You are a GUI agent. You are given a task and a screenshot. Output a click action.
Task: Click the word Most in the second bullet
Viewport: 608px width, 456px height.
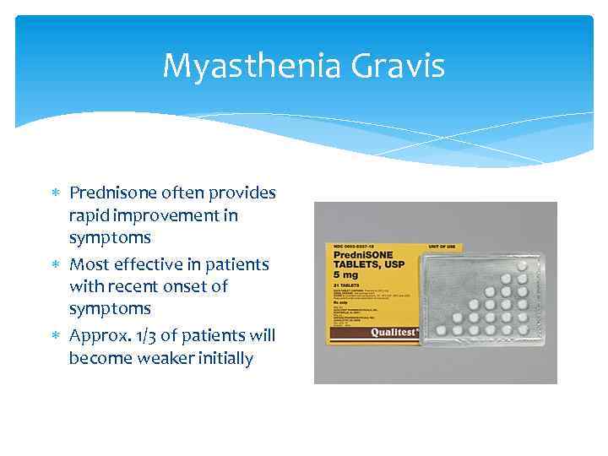coord(89,264)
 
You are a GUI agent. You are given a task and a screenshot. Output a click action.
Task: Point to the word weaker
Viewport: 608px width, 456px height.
coord(167,358)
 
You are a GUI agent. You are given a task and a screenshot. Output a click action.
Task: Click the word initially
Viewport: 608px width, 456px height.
coord(225,358)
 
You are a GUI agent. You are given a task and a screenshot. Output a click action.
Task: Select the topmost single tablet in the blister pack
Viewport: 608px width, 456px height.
coord(522,265)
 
